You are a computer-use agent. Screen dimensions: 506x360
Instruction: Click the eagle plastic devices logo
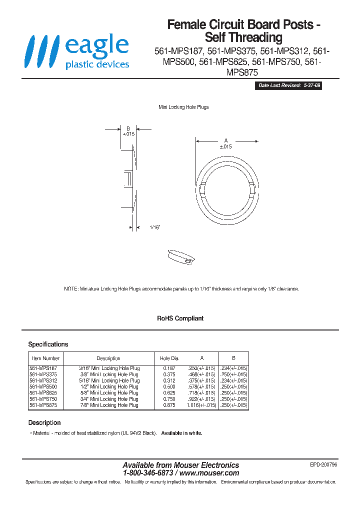click(78, 51)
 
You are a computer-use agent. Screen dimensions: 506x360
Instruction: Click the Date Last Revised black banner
click(289, 86)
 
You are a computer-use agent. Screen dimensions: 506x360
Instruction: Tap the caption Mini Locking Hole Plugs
click(183, 107)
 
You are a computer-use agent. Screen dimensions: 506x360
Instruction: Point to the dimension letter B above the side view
click(128, 128)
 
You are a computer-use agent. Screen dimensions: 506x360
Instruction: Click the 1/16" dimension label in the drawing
click(154, 227)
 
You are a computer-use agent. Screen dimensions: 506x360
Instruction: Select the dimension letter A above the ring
click(225, 140)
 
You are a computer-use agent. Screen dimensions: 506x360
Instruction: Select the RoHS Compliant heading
click(180, 318)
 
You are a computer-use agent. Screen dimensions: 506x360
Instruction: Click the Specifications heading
click(48, 344)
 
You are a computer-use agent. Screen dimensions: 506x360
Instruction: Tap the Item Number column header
click(45, 358)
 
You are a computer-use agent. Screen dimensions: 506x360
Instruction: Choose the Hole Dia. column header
click(169, 358)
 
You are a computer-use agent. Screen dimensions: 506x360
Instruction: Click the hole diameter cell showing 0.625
click(169, 393)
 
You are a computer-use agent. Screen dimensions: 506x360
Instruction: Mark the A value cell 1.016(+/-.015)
click(201, 405)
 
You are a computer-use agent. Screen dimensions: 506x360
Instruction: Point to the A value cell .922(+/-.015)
click(202, 399)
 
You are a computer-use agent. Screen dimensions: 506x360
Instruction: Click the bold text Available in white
click(182, 433)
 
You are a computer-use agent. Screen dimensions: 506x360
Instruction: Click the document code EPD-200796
click(323, 464)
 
